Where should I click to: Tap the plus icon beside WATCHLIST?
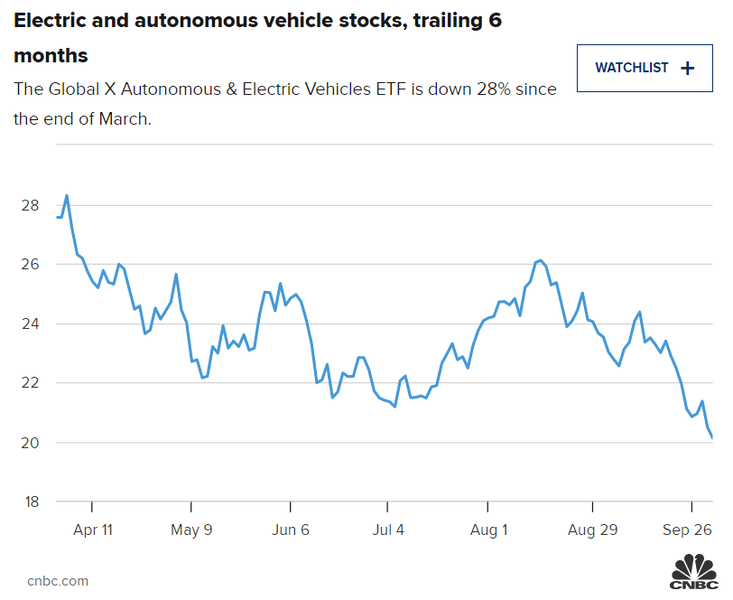point(688,68)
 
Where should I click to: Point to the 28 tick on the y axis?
point(29,205)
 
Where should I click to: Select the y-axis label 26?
point(29,265)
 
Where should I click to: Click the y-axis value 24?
point(29,323)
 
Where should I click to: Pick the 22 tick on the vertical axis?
point(29,383)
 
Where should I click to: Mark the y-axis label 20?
point(29,443)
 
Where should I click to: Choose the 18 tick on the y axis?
point(29,502)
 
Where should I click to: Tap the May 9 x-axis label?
point(191,530)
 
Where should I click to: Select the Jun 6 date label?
point(290,530)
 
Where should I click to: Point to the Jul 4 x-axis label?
point(389,530)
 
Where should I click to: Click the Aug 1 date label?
point(488,530)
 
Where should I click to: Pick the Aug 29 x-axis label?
point(593,530)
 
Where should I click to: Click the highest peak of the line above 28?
point(67,195)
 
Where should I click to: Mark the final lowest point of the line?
point(712,437)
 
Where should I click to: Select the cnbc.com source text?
point(58,581)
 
